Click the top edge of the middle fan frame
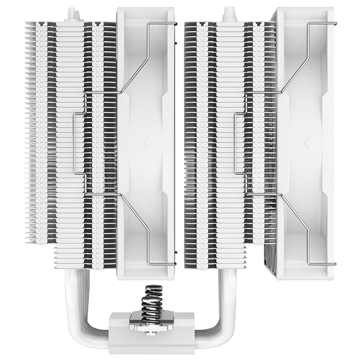tap(146, 9)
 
